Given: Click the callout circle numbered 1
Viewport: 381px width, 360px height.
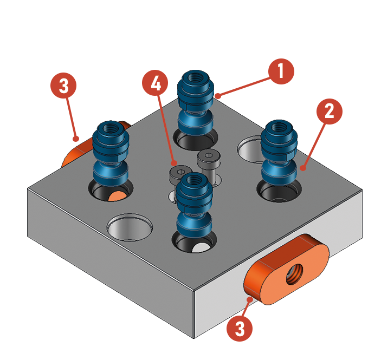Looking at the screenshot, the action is point(281,71).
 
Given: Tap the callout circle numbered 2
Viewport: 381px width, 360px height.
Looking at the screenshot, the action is point(330,112).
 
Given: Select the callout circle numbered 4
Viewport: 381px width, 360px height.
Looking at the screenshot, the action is point(155,83).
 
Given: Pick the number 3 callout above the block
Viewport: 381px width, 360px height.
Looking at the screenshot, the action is point(63,86).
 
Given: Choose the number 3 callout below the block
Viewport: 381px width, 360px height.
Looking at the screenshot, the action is point(240,329).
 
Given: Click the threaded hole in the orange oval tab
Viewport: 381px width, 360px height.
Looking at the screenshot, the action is point(294,274).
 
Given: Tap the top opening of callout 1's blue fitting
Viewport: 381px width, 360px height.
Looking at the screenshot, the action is point(195,77).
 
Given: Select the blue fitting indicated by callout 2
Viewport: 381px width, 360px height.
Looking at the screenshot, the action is point(279,153).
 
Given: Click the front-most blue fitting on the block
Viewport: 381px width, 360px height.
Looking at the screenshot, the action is point(194,206).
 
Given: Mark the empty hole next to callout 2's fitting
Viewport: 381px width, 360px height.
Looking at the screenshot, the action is point(250,148).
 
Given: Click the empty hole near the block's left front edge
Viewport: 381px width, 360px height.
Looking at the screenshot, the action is point(130,227).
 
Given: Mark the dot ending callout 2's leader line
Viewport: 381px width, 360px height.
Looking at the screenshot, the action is point(303,168).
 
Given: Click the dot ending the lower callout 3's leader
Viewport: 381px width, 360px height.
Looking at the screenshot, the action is point(249,299).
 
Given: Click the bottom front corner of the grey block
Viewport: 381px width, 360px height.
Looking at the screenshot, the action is point(193,338).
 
